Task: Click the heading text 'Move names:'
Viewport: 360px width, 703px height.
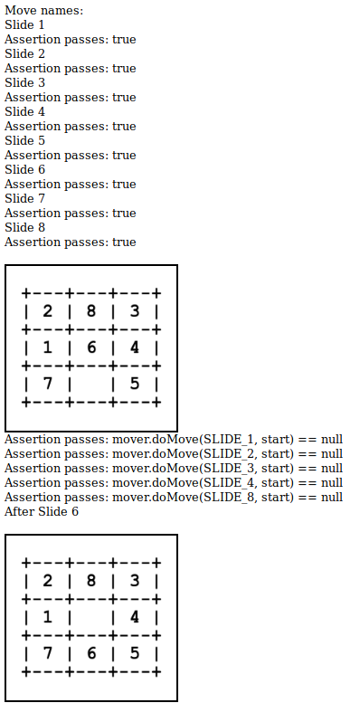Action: click(x=43, y=11)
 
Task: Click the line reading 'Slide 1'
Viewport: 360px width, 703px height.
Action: click(x=24, y=25)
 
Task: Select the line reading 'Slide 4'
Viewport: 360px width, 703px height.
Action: click(x=24, y=112)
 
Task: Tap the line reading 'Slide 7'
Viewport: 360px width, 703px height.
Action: click(x=24, y=199)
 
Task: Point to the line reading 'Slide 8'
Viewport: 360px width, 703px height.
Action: click(x=24, y=228)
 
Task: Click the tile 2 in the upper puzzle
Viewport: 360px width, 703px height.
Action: click(x=47, y=312)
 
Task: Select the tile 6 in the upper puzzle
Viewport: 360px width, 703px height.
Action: click(x=90, y=347)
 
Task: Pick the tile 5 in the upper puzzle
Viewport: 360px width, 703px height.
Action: click(x=134, y=383)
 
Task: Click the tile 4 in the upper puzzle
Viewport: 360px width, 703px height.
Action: click(x=134, y=347)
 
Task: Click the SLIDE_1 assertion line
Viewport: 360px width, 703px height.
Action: click(x=174, y=440)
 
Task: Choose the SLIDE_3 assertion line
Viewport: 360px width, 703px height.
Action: click(x=174, y=469)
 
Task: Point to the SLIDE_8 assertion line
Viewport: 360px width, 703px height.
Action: click(x=174, y=498)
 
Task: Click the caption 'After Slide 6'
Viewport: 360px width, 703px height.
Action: click(x=42, y=512)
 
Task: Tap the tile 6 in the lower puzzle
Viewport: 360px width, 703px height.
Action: click(x=90, y=652)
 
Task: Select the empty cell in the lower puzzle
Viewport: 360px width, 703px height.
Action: click(x=90, y=617)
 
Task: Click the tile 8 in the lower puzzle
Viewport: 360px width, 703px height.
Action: click(x=90, y=582)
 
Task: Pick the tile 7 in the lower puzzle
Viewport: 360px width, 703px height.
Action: click(x=47, y=652)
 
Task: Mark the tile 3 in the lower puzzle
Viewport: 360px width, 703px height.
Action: click(x=134, y=582)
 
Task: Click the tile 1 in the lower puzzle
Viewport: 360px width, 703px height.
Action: click(x=47, y=617)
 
